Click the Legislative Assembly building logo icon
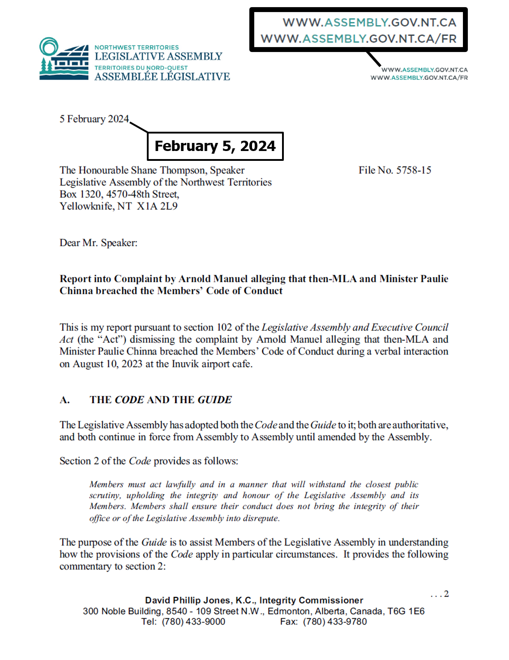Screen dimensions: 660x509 [x=64, y=59]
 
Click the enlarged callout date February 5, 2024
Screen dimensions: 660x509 [x=215, y=146]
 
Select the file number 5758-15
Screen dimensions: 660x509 [x=414, y=170]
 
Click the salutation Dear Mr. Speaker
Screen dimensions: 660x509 [x=98, y=243]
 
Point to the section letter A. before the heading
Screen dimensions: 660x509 [x=65, y=400]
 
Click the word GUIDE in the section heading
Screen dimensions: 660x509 [x=215, y=400]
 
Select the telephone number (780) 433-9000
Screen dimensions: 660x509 [x=193, y=621]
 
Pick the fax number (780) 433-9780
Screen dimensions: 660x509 [x=335, y=621]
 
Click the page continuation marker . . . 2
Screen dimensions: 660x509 [x=439, y=594]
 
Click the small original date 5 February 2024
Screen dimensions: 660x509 [x=94, y=119]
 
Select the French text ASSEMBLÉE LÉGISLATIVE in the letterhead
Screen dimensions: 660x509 [x=162, y=77]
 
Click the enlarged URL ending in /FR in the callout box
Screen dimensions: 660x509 [x=359, y=39]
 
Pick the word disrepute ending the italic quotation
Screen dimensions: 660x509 [x=261, y=518]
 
